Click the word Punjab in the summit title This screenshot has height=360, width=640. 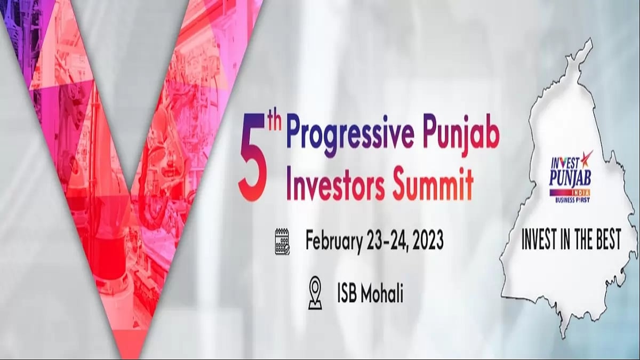[x=460, y=138]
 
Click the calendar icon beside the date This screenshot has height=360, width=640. [x=282, y=241]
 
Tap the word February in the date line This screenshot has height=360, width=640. [x=334, y=241]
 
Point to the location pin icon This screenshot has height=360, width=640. [x=315, y=292]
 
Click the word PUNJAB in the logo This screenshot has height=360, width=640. [x=570, y=176]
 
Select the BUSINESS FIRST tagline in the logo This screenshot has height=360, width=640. [x=571, y=199]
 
